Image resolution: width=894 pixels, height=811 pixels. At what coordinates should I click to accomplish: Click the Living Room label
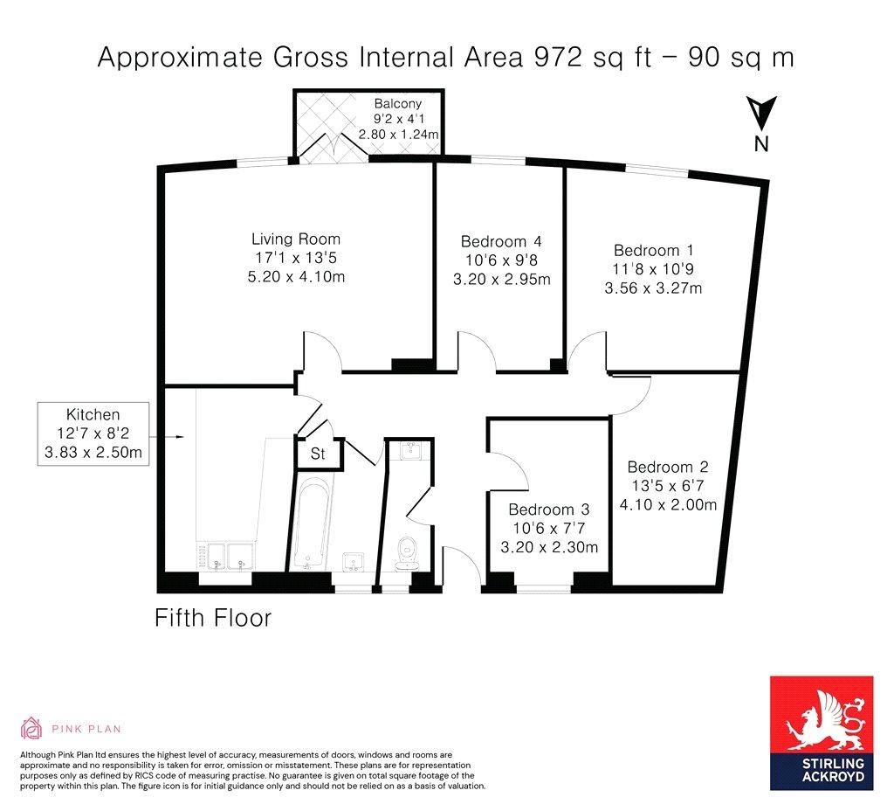pos(296,239)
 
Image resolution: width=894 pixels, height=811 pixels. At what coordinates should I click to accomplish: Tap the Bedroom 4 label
pos(501,241)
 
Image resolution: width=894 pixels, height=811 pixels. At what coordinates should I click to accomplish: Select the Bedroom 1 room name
pos(653,250)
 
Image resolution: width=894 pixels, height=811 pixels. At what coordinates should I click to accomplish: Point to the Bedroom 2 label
pos(668,467)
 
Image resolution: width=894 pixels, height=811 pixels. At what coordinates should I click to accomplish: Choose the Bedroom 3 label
pos(549,509)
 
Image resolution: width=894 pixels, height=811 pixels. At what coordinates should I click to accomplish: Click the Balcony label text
pos(398,104)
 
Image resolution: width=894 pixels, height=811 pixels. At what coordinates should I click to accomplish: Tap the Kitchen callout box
pos(93,433)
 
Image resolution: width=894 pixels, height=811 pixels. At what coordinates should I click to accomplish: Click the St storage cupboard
pos(318,454)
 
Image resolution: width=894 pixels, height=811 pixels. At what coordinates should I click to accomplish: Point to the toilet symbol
pos(407,552)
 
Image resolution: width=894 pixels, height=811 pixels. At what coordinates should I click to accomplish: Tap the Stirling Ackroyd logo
pos(822,733)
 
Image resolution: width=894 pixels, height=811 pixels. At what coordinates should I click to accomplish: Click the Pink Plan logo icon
pos(31,728)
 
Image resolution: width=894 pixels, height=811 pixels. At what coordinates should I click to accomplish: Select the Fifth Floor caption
pos(213,618)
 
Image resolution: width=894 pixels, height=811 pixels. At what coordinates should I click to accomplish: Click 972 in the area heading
pos(557,57)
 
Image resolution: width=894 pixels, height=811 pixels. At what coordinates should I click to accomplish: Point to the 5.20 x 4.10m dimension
pos(296,277)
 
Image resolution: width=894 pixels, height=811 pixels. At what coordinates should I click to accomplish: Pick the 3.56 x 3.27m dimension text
pos(653,288)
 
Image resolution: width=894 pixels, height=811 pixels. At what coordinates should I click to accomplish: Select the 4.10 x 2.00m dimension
pos(668,504)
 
